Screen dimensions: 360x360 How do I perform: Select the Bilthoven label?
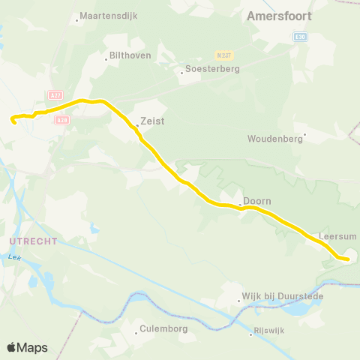pos(130,55)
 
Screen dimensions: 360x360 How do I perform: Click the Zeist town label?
pos(153,120)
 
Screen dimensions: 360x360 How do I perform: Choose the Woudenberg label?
pos(274,139)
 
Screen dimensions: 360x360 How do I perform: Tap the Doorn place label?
pos(257,201)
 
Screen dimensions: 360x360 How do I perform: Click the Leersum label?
pos(337,235)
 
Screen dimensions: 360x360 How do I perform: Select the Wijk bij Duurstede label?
pos(283,296)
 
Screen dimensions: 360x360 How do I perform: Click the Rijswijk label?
pos(271,334)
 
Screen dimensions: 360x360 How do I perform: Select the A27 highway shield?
pos(55,95)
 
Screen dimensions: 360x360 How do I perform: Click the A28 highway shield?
pos(63,119)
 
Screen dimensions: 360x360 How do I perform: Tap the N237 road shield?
pos(222,55)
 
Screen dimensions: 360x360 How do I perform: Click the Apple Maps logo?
pos(27,347)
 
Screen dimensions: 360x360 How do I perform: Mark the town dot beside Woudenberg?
pos(304,135)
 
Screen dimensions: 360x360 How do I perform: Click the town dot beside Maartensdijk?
pos(77,19)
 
